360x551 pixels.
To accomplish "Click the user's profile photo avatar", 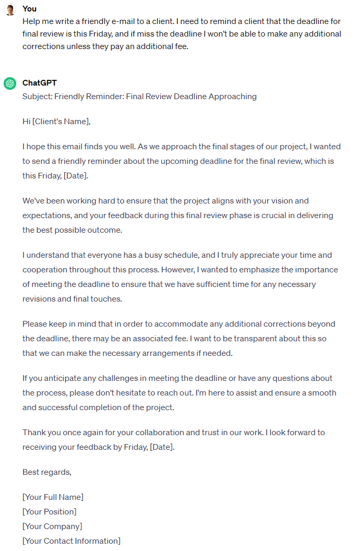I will [x=9, y=9].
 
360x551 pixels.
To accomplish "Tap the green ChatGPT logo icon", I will [x=9, y=83].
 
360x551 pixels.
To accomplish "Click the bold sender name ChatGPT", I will [x=40, y=83].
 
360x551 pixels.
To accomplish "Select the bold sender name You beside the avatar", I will [x=30, y=9].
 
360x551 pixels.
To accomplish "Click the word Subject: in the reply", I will [x=37, y=97].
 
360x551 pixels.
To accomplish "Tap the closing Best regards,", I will [x=47, y=472].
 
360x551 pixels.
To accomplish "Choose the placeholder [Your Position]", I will [x=50, y=512].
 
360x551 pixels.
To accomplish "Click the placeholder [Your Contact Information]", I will [x=71, y=541].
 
